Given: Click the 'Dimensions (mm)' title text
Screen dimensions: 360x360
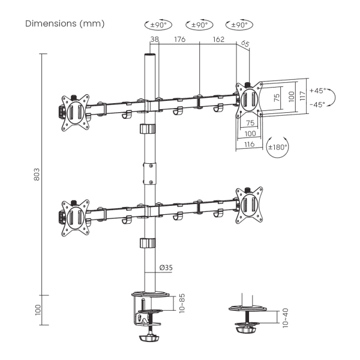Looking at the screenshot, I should tap(65, 25).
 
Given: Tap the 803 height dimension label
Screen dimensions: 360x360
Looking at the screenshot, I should tap(37, 174).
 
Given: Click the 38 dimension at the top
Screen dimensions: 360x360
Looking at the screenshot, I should tap(154, 40).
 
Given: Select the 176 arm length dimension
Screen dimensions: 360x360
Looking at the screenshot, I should tap(179, 40).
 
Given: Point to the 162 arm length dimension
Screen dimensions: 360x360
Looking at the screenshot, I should tap(218, 40).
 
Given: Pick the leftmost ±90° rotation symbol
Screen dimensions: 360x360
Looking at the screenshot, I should tap(158, 25).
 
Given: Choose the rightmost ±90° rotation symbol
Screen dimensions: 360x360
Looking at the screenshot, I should tap(239, 25).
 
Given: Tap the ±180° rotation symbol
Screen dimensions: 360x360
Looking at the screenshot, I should tap(277, 146).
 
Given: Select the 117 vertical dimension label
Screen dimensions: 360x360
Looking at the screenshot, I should tap(303, 96).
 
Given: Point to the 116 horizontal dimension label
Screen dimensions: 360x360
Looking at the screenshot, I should tap(250, 145).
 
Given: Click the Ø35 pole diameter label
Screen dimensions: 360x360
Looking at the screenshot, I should tap(166, 268).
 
